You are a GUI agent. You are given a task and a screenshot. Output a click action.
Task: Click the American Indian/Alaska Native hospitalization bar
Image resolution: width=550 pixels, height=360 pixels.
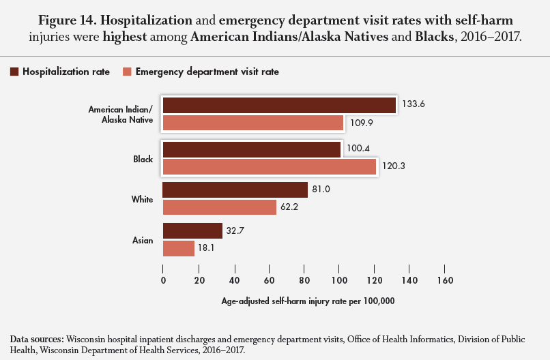[279, 106]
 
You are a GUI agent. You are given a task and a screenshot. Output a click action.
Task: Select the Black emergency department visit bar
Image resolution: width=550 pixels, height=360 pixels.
[269, 166]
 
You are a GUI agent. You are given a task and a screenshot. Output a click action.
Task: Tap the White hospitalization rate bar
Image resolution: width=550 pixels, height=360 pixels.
[235, 190]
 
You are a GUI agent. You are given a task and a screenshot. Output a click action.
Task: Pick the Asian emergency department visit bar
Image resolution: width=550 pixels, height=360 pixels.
[178, 248]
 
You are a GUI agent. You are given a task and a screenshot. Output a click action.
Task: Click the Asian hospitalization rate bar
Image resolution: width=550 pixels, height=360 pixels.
[192, 231]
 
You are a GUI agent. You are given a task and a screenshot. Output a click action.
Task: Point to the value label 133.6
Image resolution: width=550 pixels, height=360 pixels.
[412, 105]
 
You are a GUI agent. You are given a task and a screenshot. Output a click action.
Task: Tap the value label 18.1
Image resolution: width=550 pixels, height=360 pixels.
[207, 248]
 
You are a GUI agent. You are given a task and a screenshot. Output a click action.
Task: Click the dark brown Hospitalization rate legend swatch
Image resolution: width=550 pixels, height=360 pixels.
[14, 71]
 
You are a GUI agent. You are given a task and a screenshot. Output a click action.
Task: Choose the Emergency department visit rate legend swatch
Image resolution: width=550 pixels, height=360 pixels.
[127, 71]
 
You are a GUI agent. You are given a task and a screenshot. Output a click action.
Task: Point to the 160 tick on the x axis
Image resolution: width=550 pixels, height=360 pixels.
[445, 280]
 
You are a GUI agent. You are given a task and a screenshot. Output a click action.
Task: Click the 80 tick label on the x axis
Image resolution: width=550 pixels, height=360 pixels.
[304, 280]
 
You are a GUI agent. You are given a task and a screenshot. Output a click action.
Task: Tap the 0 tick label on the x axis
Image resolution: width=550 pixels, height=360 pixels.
[163, 280]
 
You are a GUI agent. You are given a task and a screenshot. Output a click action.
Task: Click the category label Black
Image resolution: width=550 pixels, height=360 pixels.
[143, 159]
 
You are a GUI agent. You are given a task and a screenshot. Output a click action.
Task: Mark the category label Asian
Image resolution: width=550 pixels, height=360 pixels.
[142, 241]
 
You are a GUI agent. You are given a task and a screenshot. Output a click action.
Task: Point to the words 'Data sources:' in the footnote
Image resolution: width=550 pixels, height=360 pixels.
[37, 339]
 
